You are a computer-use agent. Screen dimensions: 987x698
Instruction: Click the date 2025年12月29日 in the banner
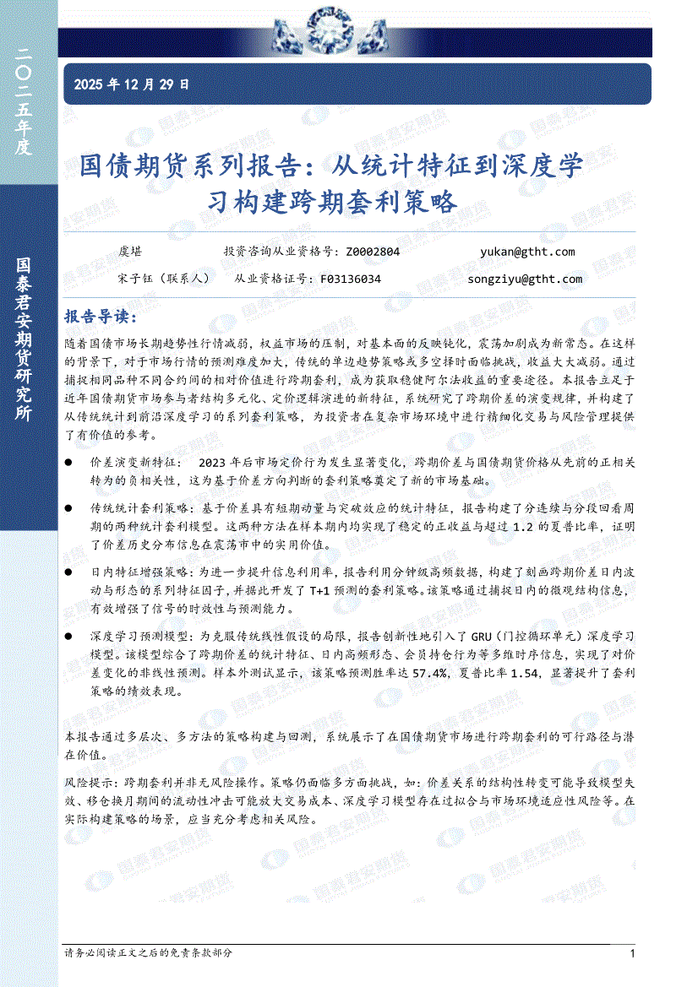[132, 84]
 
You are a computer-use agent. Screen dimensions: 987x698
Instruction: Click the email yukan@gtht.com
[526, 252]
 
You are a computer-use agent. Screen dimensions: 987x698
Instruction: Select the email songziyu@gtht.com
[524, 279]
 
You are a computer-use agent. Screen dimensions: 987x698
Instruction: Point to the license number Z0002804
[373, 252]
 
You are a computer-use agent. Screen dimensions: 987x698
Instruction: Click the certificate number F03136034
[351, 279]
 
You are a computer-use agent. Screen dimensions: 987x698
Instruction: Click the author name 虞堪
[130, 252]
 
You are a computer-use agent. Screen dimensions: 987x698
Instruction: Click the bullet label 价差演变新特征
[132, 463]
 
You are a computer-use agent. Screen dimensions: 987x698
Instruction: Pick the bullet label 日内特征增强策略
[139, 572]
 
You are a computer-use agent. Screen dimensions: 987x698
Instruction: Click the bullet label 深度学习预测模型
[139, 635]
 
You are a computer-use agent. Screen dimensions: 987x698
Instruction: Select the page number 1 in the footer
[632, 953]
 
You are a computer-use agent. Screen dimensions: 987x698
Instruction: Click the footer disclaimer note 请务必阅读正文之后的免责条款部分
[148, 953]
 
